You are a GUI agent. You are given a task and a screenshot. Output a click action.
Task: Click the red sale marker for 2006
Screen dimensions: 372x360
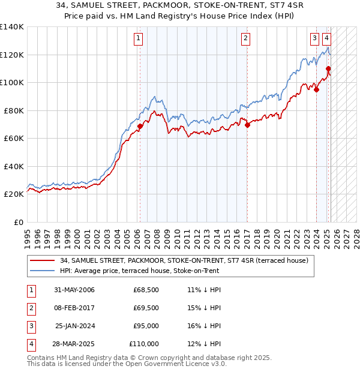pyautogui.click(x=140, y=127)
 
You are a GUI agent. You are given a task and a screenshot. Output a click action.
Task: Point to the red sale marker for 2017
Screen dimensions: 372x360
pyautogui.click(x=247, y=125)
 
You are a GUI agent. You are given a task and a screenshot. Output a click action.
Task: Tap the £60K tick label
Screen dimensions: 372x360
pyautogui.click(x=14, y=138)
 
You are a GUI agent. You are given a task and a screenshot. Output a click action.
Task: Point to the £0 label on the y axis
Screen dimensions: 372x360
pyautogui.click(x=19, y=222)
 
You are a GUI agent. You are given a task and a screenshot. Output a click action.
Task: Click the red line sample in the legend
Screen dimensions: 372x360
pyautogui.click(x=43, y=260)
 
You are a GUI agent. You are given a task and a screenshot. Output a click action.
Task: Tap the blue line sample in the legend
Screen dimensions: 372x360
pyautogui.click(x=43, y=271)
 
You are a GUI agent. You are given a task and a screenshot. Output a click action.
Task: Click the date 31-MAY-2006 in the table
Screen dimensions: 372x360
pyautogui.click(x=74, y=290)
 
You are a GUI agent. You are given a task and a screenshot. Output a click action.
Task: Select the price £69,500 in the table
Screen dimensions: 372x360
pyautogui.click(x=146, y=308)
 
